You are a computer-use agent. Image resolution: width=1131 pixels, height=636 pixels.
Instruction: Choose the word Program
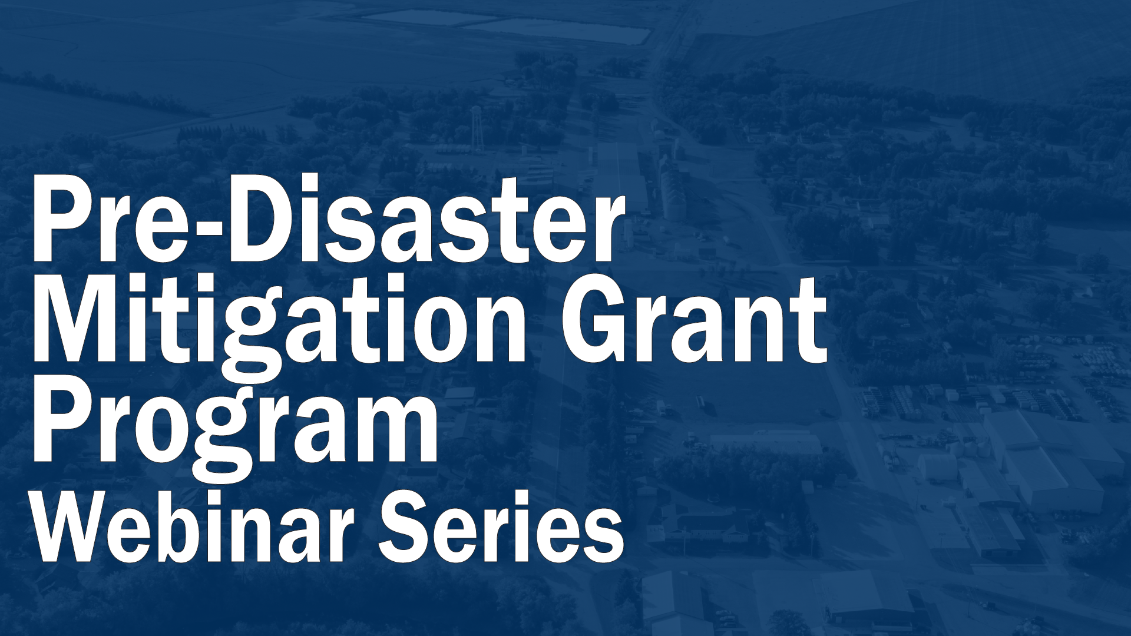(236, 424)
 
